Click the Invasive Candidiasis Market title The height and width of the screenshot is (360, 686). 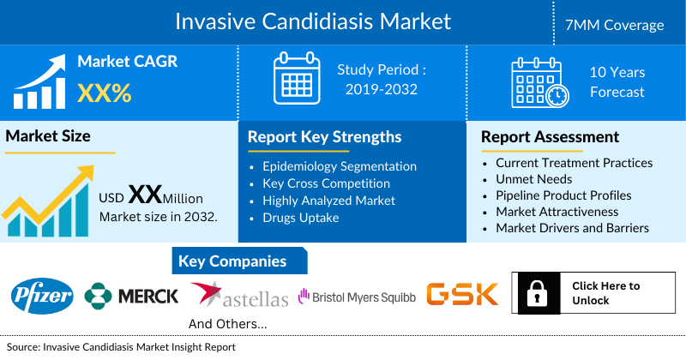[312, 21]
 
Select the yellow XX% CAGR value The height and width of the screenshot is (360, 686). [105, 93]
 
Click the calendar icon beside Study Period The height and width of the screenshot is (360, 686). [296, 80]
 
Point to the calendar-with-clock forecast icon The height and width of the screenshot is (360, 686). [539, 81]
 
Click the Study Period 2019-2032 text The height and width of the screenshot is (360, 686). [382, 80]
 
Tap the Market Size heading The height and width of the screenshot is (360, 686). [48, 135]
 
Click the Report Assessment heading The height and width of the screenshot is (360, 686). [550, 136]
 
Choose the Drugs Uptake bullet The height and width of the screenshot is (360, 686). [301, 218]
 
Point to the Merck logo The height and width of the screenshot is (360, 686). [131, 296]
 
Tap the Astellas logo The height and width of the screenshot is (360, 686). [240, 296]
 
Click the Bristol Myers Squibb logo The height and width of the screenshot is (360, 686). [357, 297]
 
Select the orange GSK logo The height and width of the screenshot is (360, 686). [462, 295]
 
